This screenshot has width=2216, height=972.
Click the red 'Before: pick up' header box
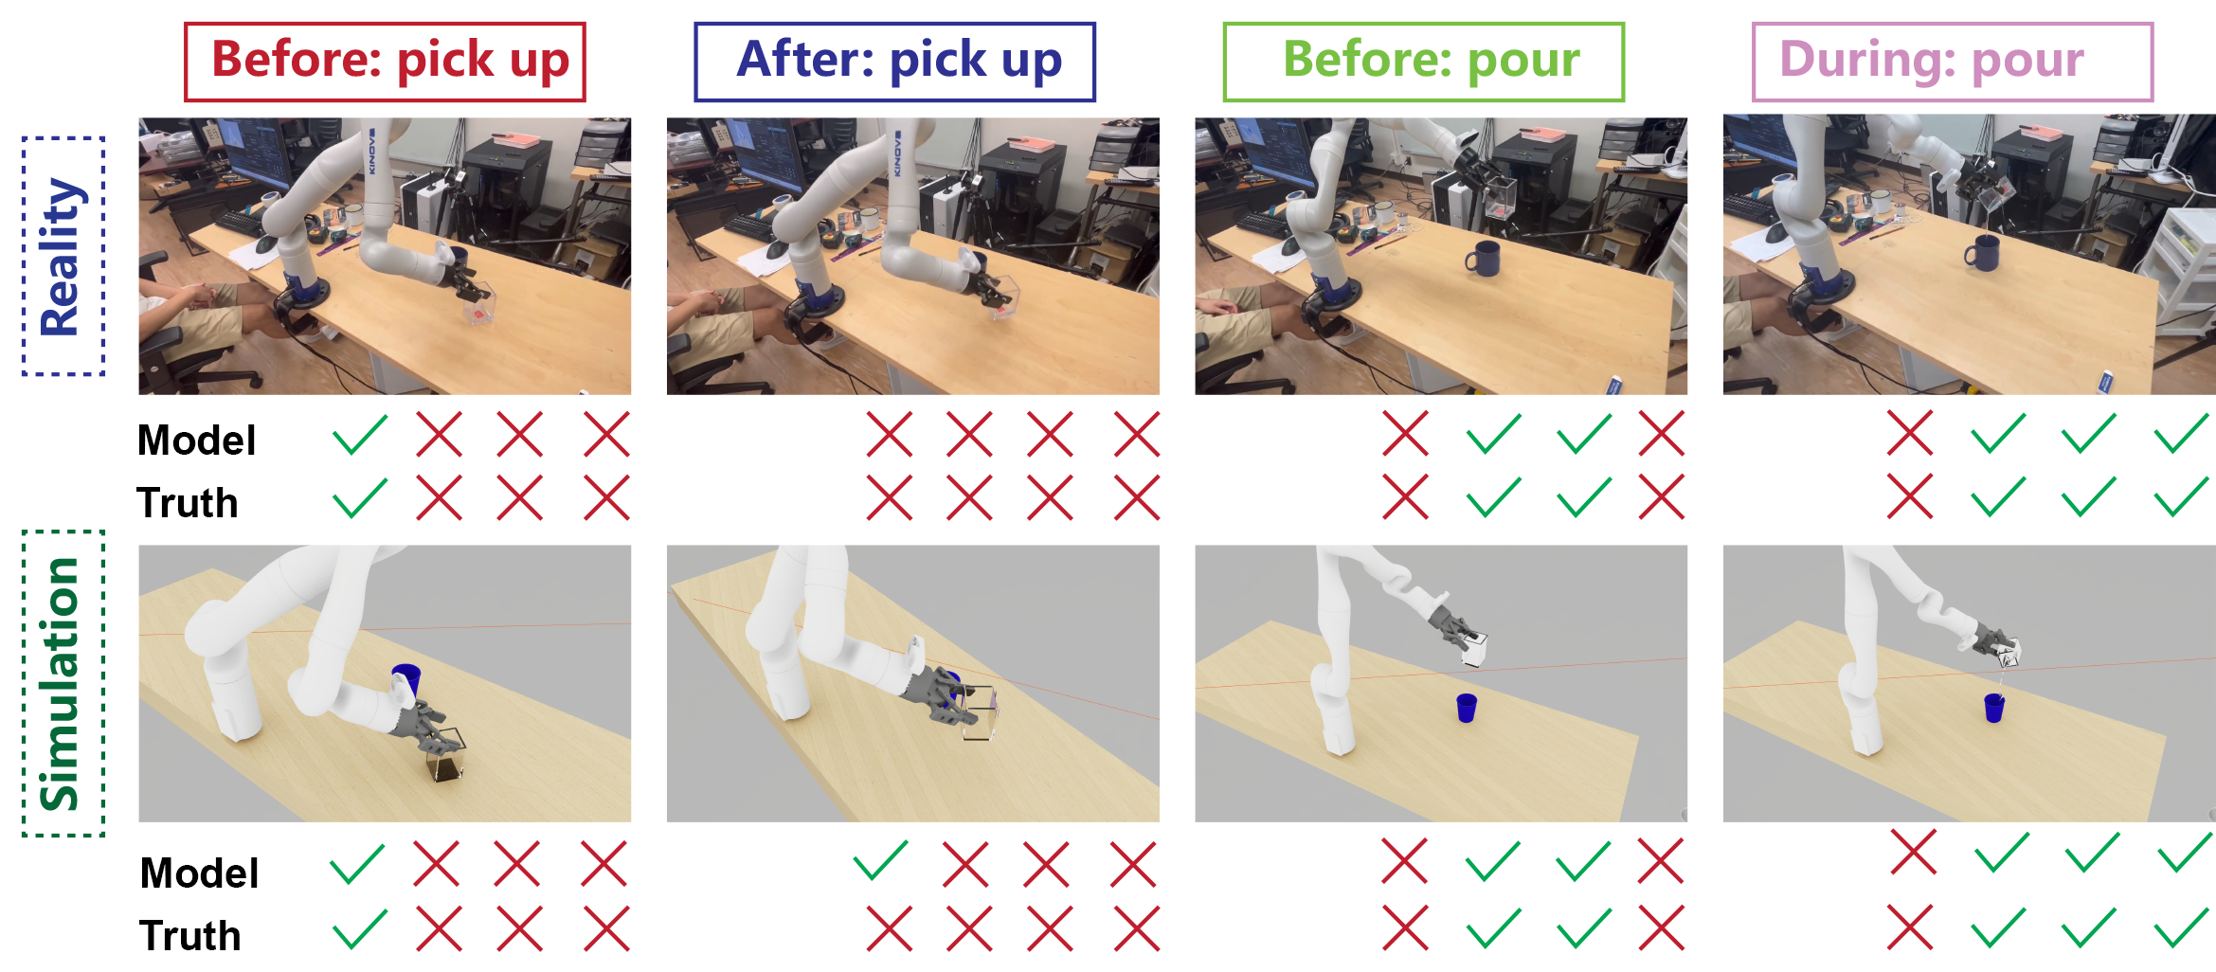385,62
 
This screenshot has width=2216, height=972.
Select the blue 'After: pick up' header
894,62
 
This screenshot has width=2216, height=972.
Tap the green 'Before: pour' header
1423,62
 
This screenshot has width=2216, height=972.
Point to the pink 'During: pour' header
1952,62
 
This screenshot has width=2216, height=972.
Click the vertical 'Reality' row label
63,257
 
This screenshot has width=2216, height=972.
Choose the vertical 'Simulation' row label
63,683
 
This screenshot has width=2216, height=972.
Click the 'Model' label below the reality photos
197,441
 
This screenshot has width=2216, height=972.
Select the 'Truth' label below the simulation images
189,936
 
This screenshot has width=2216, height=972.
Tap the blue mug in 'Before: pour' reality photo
1483,258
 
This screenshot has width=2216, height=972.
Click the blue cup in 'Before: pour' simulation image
1467,708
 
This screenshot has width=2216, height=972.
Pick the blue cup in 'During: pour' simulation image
1994,708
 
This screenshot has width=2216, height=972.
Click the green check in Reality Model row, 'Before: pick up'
360,435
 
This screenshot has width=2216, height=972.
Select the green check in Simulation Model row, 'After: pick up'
881,860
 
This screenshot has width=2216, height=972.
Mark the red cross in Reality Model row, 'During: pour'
1910,434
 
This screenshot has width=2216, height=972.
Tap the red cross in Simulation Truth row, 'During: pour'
1910,927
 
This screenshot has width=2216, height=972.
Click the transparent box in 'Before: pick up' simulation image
444,755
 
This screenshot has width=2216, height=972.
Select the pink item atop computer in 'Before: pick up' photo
517,139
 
